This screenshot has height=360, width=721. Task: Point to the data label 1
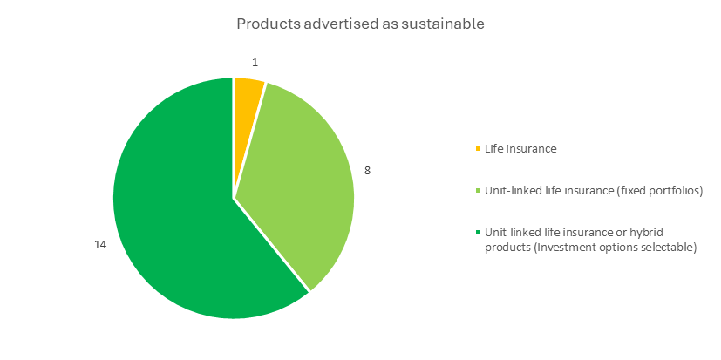(255, 63)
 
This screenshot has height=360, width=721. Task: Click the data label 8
(367, 171)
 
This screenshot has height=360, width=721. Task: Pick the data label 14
(100, 245)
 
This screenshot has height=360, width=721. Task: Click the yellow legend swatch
(478, 149)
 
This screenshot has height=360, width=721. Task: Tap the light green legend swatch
(478, 191)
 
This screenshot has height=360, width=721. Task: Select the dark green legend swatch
(478, 232)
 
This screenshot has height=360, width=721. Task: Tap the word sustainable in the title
(443, 24)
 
